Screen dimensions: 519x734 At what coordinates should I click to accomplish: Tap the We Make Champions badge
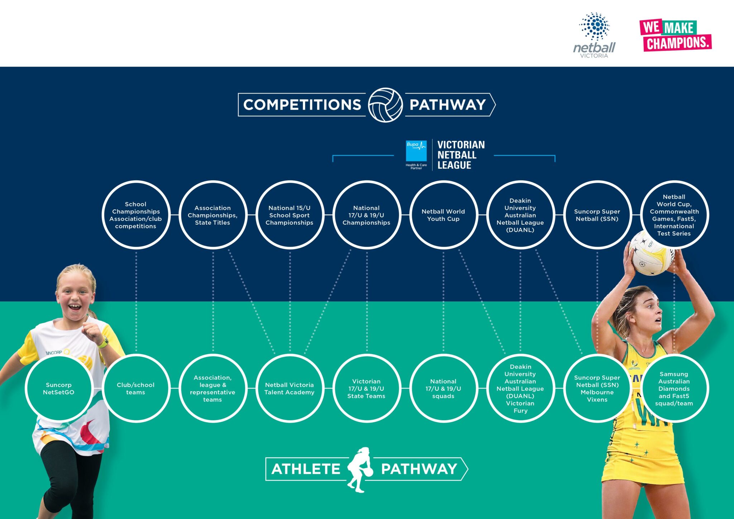tap(675, 35)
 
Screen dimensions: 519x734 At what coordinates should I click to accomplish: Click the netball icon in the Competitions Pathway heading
tap(385, 105)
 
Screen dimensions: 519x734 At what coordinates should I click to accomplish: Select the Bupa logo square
tap(416, 151)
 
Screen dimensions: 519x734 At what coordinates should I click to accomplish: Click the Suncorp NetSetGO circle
tap(59, 389)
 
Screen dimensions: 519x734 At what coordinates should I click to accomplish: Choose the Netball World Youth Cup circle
tap(443, 215)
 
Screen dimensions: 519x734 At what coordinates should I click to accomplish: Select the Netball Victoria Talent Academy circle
tap(290, 389)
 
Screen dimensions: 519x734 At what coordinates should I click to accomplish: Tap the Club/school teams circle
tap(136, 389)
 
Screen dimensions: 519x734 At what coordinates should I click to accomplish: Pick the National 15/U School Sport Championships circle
tap(290, 215)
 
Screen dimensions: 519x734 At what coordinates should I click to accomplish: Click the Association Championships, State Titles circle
tap(213, 215)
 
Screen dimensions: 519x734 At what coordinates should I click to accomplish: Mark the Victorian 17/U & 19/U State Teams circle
tap(366, 389)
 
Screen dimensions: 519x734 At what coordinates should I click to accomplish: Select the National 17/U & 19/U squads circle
tap(443, 389)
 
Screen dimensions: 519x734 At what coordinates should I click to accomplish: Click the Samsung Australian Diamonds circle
tap(674, 389)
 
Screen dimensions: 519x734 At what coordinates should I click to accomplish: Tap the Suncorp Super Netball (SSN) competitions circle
tap(597, 215)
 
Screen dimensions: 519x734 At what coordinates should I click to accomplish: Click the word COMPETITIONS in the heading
tap(302, 105)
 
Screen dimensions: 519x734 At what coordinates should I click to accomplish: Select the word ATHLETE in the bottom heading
tap(306, 469)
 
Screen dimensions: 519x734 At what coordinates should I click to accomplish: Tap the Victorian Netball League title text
tap(461, 155)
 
